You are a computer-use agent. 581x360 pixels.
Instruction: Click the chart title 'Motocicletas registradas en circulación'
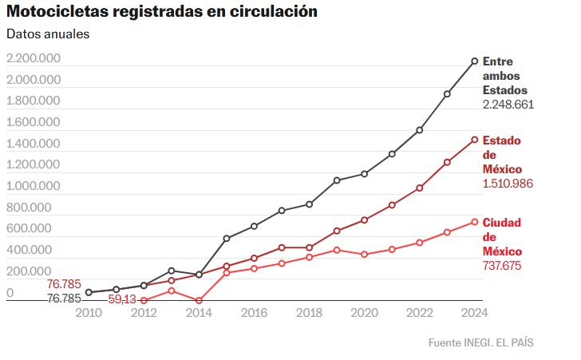click(162, 12)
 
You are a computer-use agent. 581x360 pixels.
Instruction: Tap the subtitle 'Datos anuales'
click(48, 34)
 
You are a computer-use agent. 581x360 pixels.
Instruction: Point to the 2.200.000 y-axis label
click(33, 59)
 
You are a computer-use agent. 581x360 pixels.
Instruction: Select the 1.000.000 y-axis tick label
click(33, 186)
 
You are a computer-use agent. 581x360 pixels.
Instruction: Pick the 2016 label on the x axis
click(253, 312)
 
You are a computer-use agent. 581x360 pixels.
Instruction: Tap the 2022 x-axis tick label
click(419, 312)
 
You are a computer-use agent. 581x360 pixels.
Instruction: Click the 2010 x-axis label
click(89, 312)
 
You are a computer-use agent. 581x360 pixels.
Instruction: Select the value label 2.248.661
click(508, 105)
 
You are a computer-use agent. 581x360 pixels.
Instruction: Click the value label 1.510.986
click(508, 184)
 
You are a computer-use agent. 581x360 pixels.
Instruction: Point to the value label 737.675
click(502, 265)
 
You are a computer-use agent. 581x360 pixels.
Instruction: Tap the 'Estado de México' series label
click(502, 155)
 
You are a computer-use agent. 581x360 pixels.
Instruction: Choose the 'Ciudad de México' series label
click(502, 236)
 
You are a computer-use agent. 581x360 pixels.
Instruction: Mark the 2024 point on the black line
click(475, 61)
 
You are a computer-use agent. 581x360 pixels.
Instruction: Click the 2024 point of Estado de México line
click(475, 140)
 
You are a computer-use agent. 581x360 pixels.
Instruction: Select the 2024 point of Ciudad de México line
click(475, 222)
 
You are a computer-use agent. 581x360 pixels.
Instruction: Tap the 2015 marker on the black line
click(226, 239)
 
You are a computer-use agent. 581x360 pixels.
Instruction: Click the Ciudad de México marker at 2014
click(199, 301)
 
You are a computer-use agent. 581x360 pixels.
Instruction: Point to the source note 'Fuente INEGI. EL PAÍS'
click(480, 342)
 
